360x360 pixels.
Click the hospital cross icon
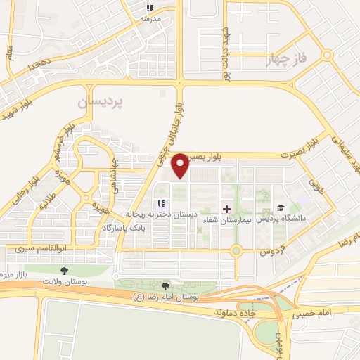226,209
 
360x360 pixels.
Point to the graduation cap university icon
281,208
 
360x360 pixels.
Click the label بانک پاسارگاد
124,229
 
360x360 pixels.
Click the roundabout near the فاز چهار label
326,55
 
